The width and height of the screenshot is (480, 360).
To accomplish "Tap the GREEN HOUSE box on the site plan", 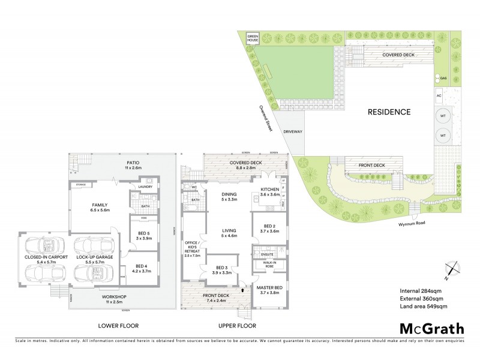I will (253, 39).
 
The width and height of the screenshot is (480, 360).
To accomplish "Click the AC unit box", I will (439, 95).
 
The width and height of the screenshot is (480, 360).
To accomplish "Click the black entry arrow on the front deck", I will (242, 289).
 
